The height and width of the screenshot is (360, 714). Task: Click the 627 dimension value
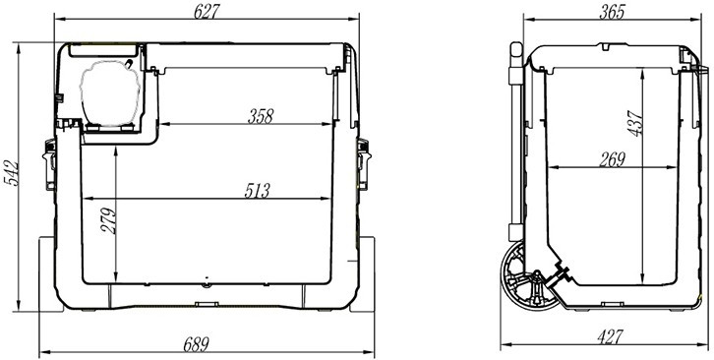click(207, 12)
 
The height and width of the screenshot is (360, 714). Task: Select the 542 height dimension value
click(11, 173)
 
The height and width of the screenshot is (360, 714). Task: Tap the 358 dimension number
click(261, 116)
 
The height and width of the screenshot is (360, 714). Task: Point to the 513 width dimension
click(258, 191)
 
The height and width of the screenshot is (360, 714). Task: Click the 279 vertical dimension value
click(108, 221)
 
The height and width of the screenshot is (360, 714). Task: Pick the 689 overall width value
click(197, 344)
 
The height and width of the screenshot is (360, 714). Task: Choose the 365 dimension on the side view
click(612, 12)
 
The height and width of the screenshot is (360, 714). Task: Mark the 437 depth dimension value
click(635, 124)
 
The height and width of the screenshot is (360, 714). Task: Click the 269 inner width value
click(612, 159)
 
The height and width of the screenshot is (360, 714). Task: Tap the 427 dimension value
click(609, 337)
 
